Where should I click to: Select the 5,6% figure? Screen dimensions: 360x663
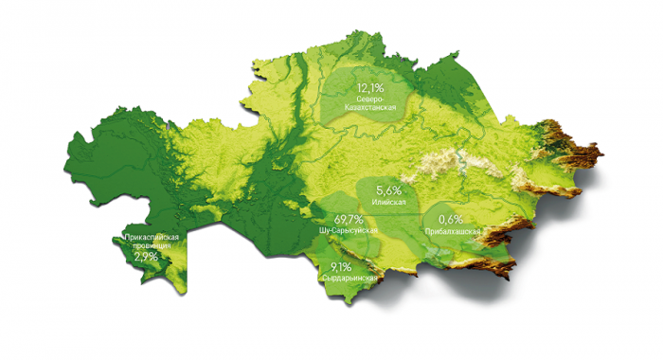[x=389, y=190]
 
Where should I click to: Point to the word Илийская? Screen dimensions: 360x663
[x=389, y=203]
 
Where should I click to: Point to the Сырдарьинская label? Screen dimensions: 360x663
[x=349, y=279]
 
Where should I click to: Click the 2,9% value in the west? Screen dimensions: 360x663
[x=146, y=256]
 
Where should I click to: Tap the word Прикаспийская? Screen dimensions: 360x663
[x=146, y=237]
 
